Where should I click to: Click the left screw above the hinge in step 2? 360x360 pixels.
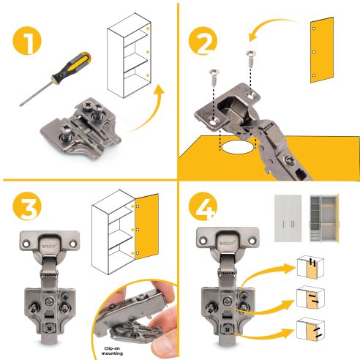click(214, 75)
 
